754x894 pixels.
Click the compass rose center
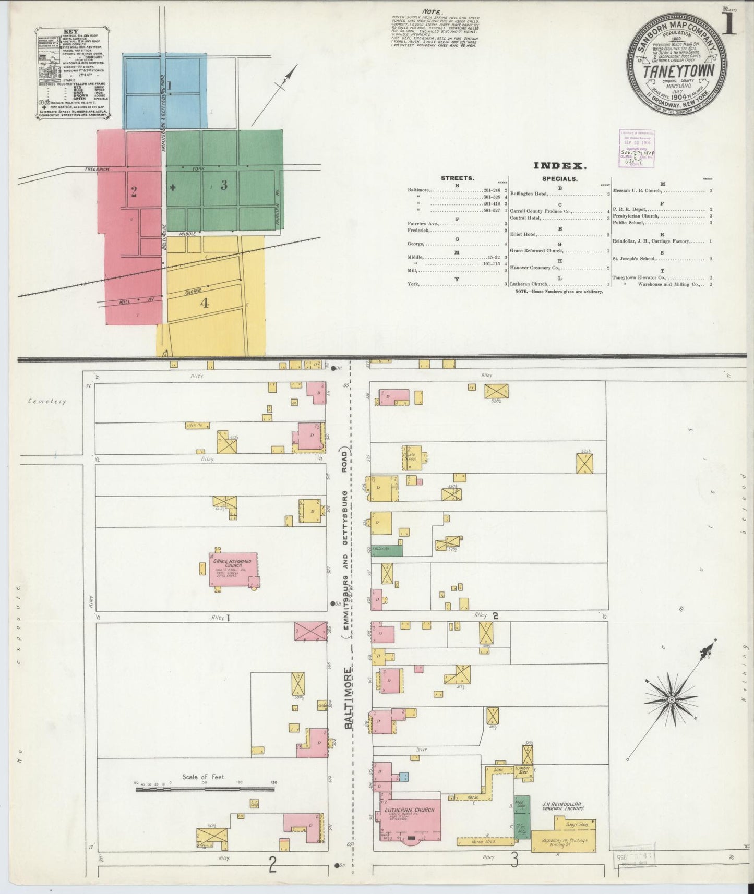point(672,699)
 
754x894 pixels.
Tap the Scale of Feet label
point(204,777)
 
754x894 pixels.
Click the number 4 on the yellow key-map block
point(205,303)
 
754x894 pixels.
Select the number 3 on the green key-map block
point(223,185)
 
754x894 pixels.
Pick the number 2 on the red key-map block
point(134,192)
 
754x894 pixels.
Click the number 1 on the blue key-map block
point(169,85)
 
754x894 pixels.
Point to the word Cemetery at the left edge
point(47,402)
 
